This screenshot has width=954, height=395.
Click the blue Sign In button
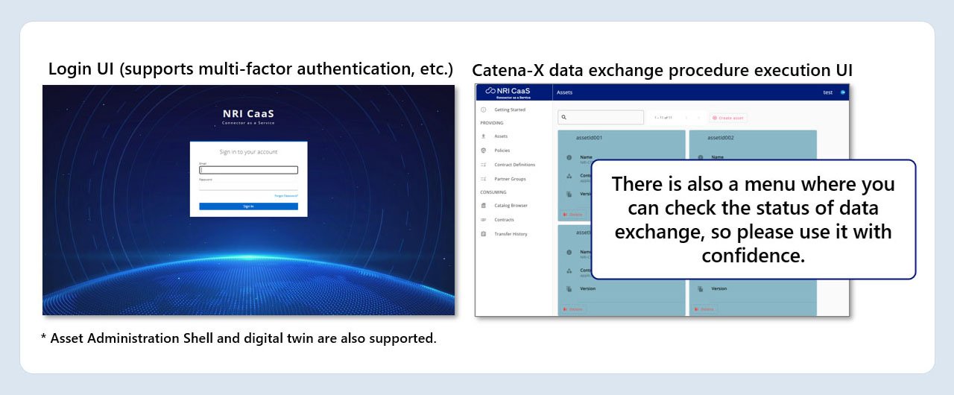pos(248,206)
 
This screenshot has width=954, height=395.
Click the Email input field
pos(248,170)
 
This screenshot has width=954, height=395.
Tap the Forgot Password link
pos(286,195)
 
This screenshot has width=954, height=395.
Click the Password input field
pos(248,186)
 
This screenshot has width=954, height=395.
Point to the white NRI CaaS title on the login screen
pos(248,114)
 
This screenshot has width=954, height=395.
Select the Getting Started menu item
pos(510,110)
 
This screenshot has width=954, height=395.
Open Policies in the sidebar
pos(502,151)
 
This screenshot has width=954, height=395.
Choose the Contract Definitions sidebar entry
pos(514,165)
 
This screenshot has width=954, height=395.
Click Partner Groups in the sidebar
pos(510,179)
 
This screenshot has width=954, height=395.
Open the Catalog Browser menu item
pos(511,205)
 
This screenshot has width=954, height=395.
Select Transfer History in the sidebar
pos(511,234)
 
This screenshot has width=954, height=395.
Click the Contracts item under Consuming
pos(504,220)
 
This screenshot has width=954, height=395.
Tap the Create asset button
pos(728,118)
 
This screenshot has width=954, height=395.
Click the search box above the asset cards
pos(601,117)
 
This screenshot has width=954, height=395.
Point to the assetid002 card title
pos(721,138)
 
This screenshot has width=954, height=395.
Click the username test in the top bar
pos(827,92)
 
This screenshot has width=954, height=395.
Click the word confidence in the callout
pos(753,256)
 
